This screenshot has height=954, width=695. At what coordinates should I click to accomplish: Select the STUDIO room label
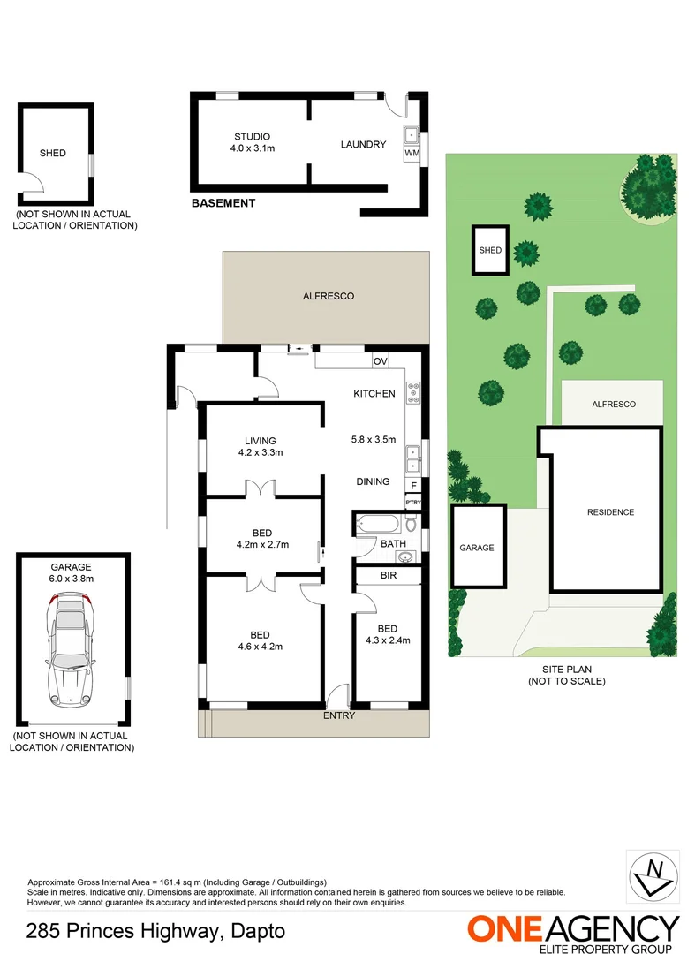(252, 136)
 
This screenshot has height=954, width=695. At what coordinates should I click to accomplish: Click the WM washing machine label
(412, 153)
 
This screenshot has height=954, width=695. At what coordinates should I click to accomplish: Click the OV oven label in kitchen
(381, 361)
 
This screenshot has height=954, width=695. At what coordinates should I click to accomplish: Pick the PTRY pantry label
(412, 502)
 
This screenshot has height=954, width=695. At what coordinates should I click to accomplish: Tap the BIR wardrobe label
(388, 575)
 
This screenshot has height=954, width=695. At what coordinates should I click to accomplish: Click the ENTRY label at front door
(338, 715)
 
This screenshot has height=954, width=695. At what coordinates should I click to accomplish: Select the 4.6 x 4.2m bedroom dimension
(260, 647)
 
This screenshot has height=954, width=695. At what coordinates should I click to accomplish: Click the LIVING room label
(260, 441)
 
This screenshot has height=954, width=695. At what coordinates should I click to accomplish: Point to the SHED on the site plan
(490, 250)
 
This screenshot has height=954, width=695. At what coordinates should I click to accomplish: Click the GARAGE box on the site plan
(477, 548)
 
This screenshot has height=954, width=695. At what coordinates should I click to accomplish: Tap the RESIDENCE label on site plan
(610, 512)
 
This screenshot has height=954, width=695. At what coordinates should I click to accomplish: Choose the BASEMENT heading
(223, 203)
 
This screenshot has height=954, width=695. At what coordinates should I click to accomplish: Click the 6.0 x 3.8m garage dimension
(72, 579)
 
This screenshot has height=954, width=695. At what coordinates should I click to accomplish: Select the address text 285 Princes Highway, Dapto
(155, 930)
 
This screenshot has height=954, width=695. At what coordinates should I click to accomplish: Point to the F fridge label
(412, 485)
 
